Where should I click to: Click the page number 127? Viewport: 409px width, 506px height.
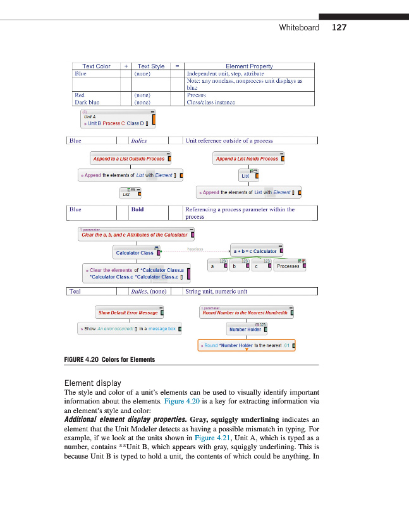coord(339,27)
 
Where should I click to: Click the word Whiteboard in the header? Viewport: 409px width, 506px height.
coord(299,27)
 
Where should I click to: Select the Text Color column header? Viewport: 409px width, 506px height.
coord(96,66)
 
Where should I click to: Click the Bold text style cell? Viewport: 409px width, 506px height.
coord(137,209)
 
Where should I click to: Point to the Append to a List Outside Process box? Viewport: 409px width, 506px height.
coord(128,159)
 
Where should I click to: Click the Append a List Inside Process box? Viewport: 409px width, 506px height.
coord(247,159)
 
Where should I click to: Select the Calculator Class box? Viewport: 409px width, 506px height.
coord(134,253)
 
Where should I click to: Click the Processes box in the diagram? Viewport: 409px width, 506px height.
coord(288,266)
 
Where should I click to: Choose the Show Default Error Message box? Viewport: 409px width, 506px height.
coord(128,312)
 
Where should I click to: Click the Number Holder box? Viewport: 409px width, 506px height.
coord(245,329)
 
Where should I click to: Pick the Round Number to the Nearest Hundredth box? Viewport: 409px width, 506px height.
coord(245,312)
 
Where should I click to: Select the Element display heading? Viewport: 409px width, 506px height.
coord(93,383)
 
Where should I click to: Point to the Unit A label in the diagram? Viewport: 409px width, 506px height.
coord(90,117)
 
